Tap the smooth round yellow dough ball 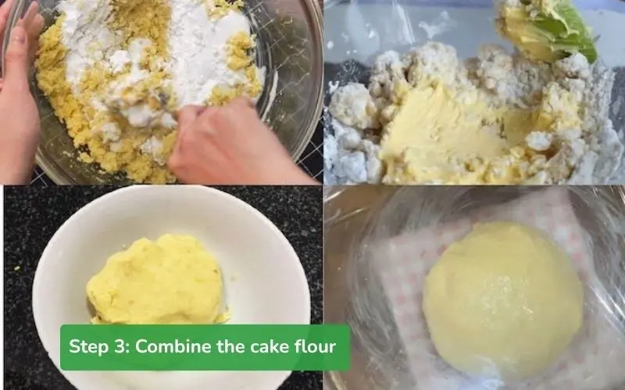pos(503,299)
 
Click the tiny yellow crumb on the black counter pos(17,268)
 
